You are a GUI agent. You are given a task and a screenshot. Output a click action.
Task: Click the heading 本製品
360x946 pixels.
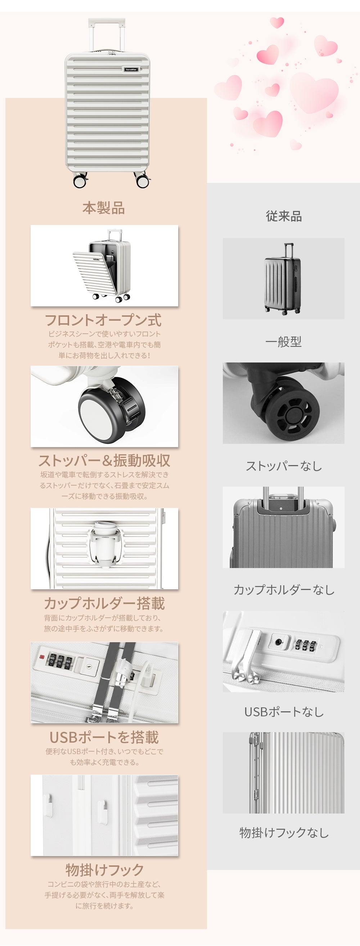104,208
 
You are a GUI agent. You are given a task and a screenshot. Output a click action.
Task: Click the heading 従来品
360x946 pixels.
284,216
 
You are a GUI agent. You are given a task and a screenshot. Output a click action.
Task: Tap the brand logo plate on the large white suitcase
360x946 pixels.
131,69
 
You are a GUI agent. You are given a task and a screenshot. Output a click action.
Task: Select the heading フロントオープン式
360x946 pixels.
103,320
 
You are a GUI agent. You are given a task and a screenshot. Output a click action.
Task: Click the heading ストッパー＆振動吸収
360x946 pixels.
104,460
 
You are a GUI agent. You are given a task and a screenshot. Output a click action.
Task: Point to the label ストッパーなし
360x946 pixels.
284,466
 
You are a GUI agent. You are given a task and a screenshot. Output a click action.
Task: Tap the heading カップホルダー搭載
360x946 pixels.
104,603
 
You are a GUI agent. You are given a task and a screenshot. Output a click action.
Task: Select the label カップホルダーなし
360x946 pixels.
284,590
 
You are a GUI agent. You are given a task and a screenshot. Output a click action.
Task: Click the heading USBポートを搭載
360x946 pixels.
104,738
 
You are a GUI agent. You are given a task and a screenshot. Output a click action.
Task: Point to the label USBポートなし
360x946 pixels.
284,712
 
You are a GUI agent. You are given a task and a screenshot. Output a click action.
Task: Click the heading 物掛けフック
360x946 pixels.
104,870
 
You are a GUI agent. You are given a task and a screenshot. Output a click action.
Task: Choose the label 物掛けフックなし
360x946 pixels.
284,833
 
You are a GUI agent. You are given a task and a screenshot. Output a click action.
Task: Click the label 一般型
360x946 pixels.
284,342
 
